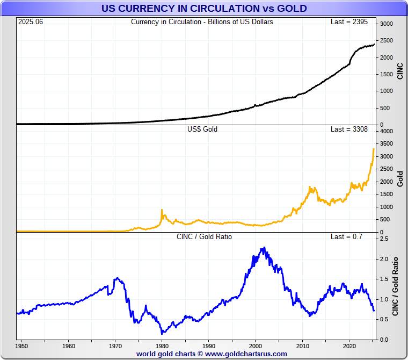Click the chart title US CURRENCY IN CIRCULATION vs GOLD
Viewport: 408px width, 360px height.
tap(204, 8)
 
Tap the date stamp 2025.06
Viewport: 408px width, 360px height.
tap(30, 22)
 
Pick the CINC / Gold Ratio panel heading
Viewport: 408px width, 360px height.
tap(204, 236)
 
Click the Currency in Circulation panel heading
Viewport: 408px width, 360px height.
tap(202, 22)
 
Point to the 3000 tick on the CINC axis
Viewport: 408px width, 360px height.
tap(387, 24)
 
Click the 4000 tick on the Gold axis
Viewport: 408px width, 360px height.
tap(387, 132)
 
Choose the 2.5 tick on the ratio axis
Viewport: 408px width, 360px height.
tap(384, 239)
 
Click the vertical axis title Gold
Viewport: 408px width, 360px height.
tap(400, 178)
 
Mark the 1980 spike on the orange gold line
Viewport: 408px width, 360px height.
tap(162, 210)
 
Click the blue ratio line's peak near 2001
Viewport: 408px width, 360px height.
tap(263, 248)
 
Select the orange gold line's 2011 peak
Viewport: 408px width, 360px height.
tap(310, 187)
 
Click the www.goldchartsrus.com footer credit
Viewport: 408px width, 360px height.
tap(246, 354)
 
